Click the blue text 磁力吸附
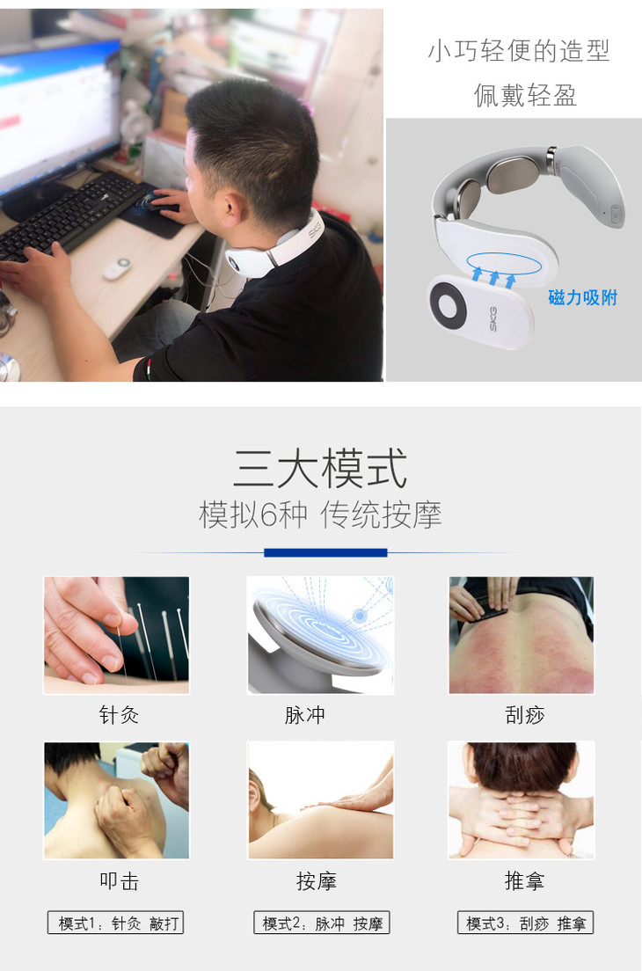[x=582, y=298]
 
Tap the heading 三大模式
[x=320, y=469]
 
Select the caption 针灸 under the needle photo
[x=119, y=715]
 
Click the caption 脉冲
[x=304, y=715]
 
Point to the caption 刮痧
[x=524, y=715]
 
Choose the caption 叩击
[x=119, y=880]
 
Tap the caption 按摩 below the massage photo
[x=317, y=880]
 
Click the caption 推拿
[x=524, y=880]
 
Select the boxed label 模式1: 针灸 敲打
[x=116, y=923]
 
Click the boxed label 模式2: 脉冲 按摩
[x=321, y=923]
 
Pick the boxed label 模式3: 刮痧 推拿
[x=526, y=923]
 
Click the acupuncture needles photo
[x=116, y=635]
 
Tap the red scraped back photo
[x=522, y=635]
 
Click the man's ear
[x=231, y=205]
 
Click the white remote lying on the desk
[x=116, y=268]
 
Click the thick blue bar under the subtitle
[x=325, y=552]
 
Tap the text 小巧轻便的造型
[x=519, y=51]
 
